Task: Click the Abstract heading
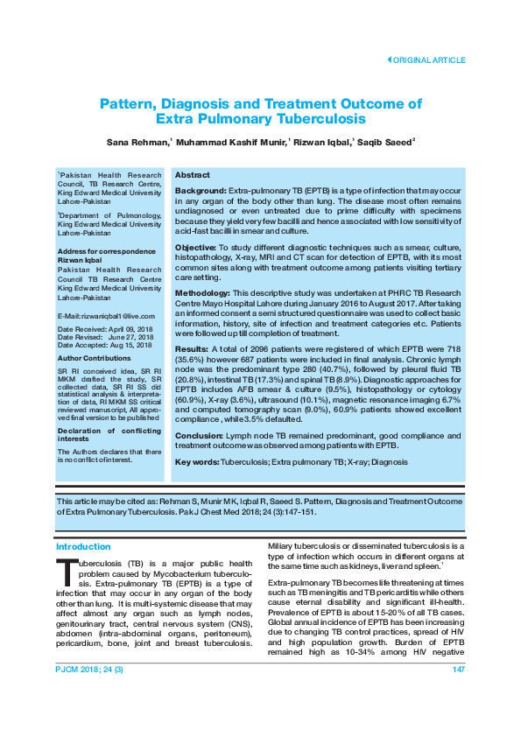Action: click(192, 175)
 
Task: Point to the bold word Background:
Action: click(201, 190)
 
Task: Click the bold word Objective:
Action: click(196, 248)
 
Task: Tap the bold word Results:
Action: click(192, 348)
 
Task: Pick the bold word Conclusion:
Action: click(199, 435)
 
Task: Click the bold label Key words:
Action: click(197, 461)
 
